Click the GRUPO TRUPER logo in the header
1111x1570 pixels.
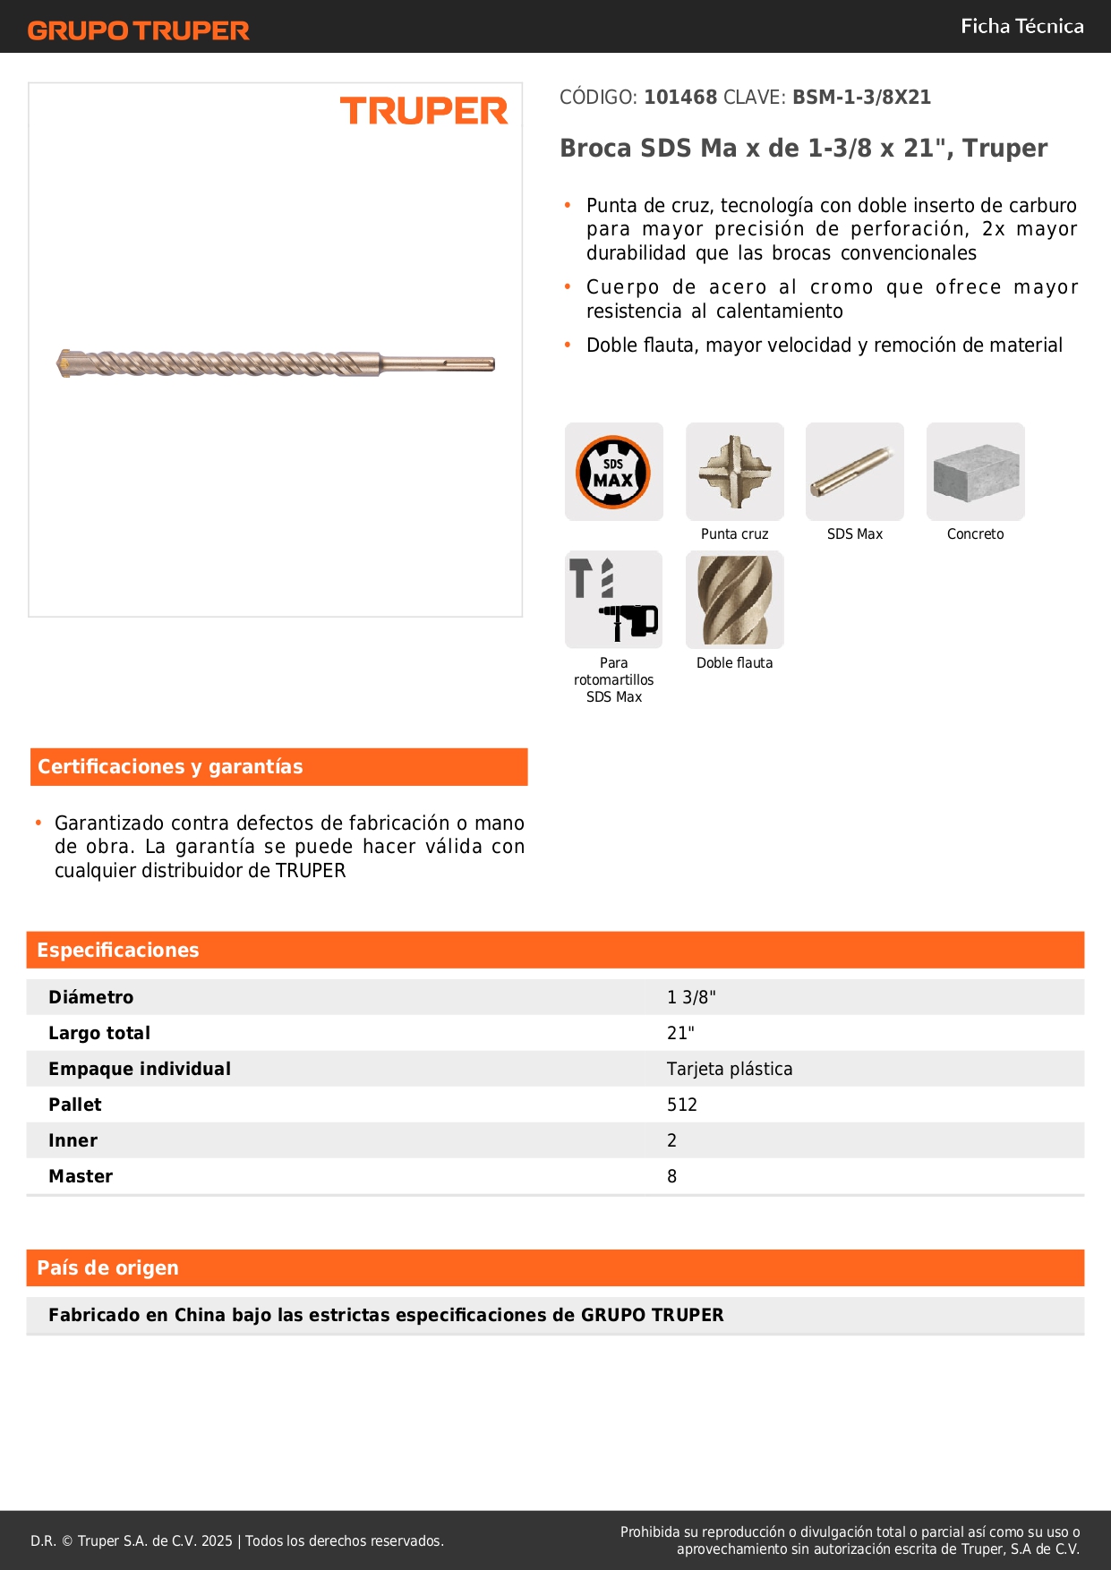(x=138, y=30)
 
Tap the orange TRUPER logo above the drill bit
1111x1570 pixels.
(x=423, y=111)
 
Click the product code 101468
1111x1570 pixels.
(x=680, y=97)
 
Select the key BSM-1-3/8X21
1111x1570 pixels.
(x=861, y=97)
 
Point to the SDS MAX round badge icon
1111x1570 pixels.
(x=613, y=472)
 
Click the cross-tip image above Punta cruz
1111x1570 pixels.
(x=734, y=471)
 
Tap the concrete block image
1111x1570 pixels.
(x=975, y=471)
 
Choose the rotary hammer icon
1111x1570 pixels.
(x=614, y=600)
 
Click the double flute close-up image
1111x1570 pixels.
(x=734, y=600)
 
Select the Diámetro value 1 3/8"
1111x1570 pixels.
(x=691, y=997)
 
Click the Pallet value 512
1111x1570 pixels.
(x=681, y=1105)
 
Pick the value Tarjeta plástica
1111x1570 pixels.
(x=730, y=1069)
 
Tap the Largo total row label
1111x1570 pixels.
(x=99, y=1033)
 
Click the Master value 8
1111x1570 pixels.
(x=671, y=1176)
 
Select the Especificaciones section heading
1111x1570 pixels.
(x=118, y=950)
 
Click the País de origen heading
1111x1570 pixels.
(x=107, y=1267)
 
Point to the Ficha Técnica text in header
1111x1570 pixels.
(x=1021, y=26)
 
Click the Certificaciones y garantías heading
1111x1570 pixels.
(x=170, y=766)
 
